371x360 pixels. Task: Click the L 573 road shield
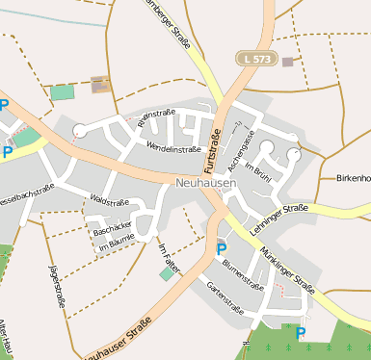click(256, 60)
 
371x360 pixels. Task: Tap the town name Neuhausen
click(207, 182)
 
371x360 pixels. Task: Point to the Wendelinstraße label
click(173, 148)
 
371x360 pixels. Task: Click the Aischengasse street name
click(241, 143)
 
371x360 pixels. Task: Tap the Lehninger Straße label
click(278, 215)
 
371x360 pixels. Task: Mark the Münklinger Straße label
click(286, 269)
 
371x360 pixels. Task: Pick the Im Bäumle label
click(117, 246)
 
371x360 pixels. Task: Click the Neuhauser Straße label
click(119, 342)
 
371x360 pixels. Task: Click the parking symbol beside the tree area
click(301, 333)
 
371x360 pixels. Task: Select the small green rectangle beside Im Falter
click(168, 274)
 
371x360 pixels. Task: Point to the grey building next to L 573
click(287, 63)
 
